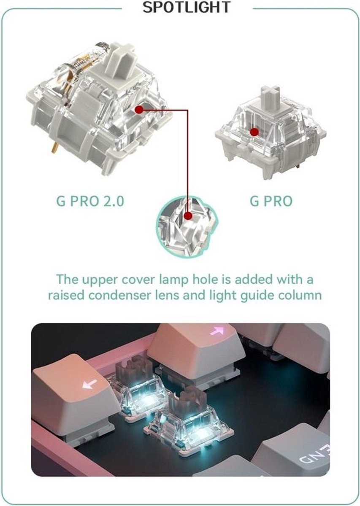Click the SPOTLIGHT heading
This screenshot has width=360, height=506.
tap(187, 7)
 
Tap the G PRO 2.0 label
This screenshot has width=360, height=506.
tap(90, 201)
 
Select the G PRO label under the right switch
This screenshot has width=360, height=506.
tap(271, 201)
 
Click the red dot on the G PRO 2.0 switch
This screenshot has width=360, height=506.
tap(139, 110)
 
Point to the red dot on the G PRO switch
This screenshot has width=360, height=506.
tap(254, 132)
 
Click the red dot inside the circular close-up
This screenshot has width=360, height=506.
tap(188, 216)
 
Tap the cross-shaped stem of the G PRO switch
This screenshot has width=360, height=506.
tap(270, 96)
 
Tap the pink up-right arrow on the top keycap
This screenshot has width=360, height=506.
tap(217, 331)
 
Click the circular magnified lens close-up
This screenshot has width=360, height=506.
tap(187, 226)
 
